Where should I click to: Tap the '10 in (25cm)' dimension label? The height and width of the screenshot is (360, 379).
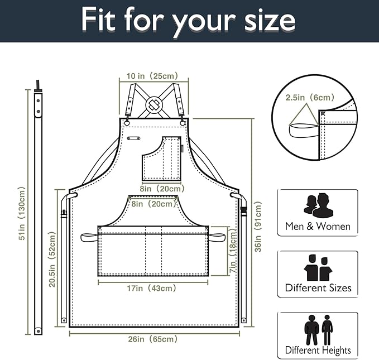152,76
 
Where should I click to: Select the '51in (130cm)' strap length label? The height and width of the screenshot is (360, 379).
22,213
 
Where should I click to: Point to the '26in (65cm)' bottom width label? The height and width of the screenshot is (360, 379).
153,339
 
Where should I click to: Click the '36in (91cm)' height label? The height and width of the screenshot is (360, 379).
258,227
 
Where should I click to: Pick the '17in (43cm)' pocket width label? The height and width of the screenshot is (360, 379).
152,288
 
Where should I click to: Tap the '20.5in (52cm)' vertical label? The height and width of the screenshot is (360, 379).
52,259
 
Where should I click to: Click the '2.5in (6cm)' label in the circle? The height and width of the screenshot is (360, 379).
310,98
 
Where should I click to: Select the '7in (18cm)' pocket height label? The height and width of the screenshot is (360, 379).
233,251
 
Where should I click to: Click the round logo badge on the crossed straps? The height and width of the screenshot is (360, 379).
154,104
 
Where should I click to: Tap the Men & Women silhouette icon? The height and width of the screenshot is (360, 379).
318,205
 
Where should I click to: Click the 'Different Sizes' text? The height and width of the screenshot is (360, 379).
318,287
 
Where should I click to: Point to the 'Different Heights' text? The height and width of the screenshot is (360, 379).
318,351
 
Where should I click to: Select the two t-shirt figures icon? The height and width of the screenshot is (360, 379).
318,267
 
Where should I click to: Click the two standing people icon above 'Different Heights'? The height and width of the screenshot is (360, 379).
319,330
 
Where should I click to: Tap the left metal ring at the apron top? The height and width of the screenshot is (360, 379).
127,123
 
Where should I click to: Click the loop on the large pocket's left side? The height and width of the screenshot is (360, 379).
89,237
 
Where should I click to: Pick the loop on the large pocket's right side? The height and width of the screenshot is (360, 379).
217,237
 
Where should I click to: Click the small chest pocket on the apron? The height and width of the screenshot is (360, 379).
161,159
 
